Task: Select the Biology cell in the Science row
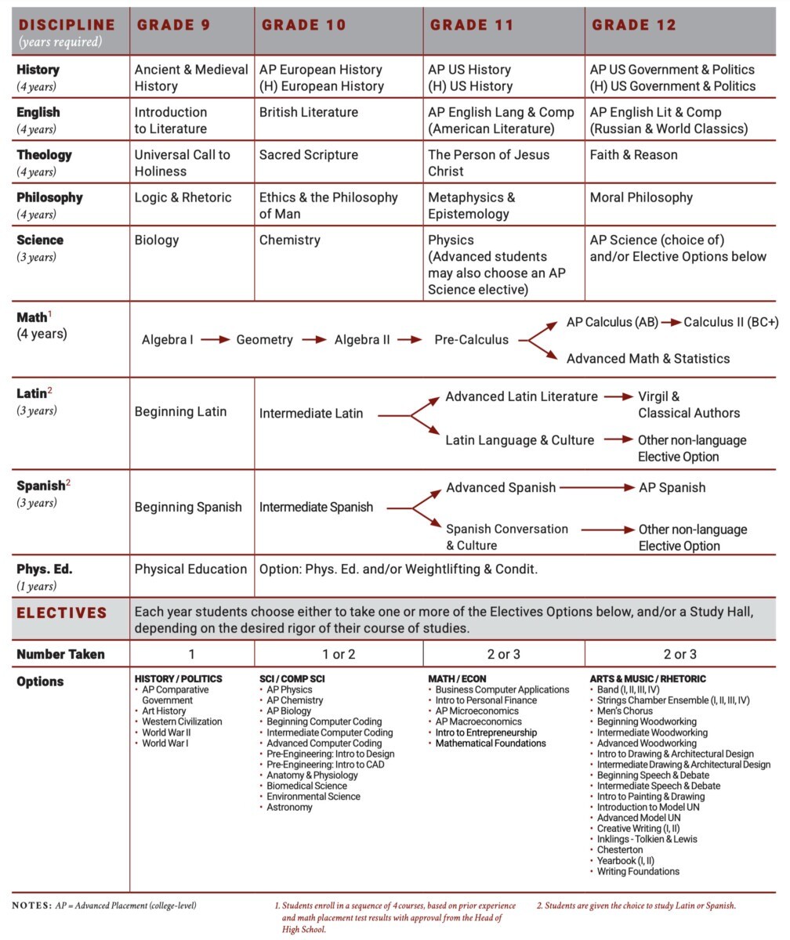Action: coord(157,240)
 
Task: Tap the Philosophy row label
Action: coord(49,197)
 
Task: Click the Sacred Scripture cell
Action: coord(308,155)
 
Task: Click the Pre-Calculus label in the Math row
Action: coord(471,340)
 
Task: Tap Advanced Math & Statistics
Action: coord(647,359)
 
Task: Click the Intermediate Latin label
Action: coord(311,413)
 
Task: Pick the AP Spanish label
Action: coord(672,487)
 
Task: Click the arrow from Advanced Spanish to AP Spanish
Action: coord(596,487)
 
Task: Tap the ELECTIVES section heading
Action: coord(61,613)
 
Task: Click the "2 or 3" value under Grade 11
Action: coord(503,654)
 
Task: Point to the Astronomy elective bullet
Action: coord(289,807)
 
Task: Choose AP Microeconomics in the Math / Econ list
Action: coord(477,711)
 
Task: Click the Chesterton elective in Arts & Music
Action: coord(620,850)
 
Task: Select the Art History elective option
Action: coord(164,711)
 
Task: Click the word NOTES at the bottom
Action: coord(31,906)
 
